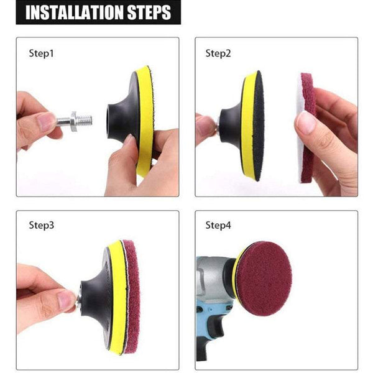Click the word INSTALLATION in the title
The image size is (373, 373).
(73, 12)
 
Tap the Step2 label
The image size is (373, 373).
(218, 53)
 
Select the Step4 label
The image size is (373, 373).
(218, 225)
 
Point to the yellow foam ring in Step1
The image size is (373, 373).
(145, 118)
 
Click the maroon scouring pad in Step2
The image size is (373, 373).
(307, 127)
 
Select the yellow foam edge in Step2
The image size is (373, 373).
(248, 124)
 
